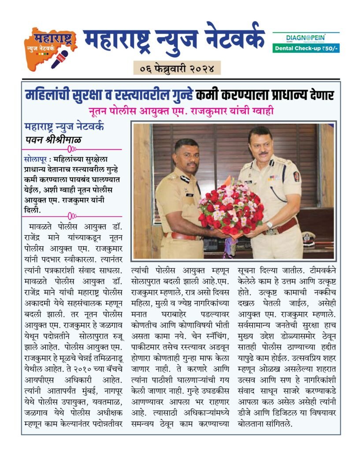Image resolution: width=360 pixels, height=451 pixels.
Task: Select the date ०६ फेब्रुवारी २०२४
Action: [177, 68]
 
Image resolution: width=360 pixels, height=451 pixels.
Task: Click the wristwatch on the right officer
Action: [269, 225]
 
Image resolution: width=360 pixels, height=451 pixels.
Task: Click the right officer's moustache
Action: [263, 154]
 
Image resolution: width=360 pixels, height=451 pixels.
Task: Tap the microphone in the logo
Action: [59, 59]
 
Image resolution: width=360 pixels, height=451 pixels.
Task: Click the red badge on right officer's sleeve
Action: [297, 176]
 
